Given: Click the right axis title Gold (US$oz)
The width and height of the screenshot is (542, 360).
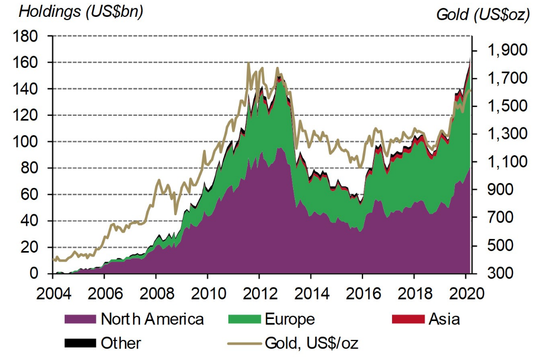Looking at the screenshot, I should tap(482, 15).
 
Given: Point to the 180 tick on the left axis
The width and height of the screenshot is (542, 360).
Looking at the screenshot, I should tap(28, 36).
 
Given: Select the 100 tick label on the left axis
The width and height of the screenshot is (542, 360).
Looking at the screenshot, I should tap(28, 142).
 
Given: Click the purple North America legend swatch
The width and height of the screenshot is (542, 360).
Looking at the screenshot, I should tap(80, 319).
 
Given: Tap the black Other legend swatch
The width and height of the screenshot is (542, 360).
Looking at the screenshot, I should tap(80, 344).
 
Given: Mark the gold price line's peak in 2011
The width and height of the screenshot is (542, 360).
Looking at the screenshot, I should tap(248, 63).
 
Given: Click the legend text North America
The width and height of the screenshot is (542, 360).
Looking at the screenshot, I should tap(152, 319).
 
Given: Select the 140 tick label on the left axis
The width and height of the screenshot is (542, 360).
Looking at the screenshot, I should tap(28, 89).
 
